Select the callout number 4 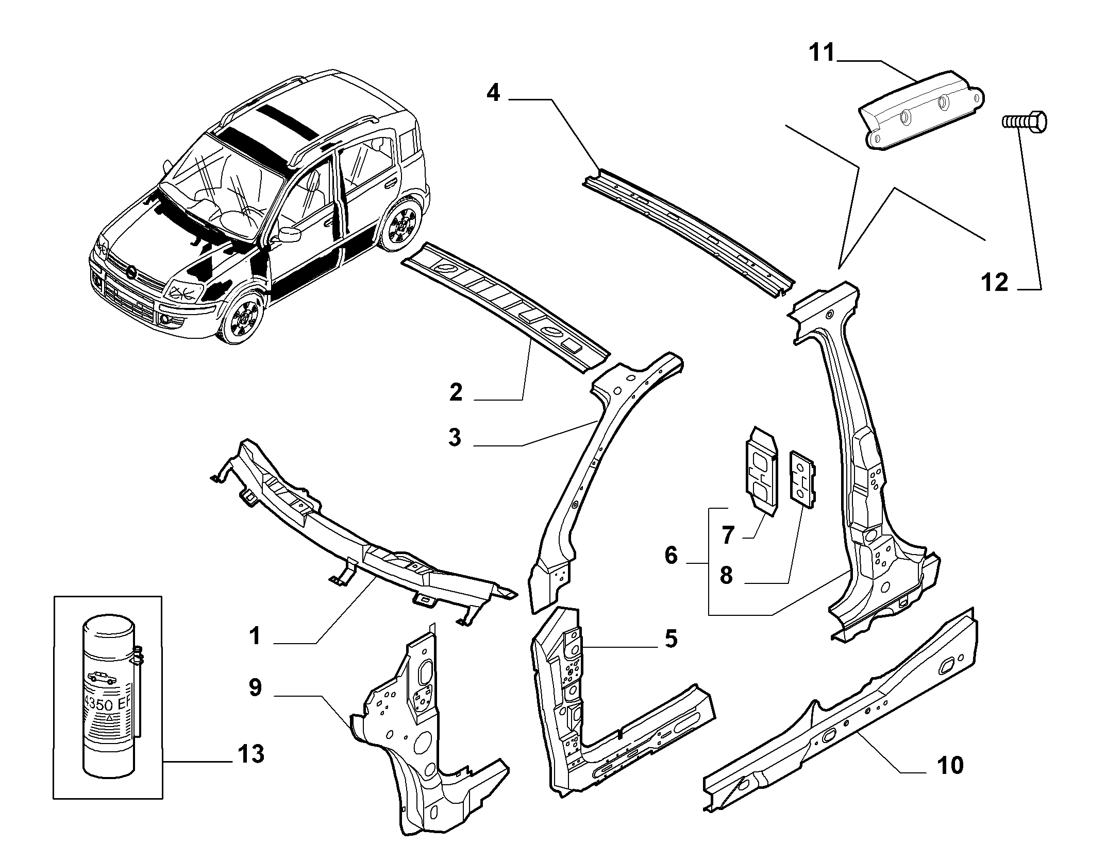coord(493,93)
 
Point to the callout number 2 coord(456,393)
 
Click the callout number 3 coord(455,438)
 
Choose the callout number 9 coord(255,687)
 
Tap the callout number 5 coord(671,638)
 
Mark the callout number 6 coord(671,556)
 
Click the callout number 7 coord(727,536)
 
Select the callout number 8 coord(726,575)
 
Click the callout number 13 coord(251,754)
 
